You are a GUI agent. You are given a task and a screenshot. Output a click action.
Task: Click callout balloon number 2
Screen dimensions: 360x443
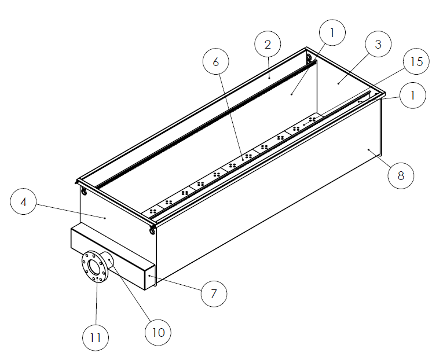[267, 45]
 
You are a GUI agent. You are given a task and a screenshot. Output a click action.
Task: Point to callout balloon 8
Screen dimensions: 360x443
[401, 174]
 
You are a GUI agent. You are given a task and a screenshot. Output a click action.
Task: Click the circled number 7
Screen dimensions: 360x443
[214, 293]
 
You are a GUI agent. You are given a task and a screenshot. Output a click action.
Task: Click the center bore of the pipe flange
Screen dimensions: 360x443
[96, 266]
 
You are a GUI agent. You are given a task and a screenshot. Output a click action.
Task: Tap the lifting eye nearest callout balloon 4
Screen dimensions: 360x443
[85, 192]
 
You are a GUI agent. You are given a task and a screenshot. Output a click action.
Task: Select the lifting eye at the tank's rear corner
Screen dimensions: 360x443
[309, 57]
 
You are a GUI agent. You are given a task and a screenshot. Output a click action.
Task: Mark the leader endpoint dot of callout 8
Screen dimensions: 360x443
[368, 149]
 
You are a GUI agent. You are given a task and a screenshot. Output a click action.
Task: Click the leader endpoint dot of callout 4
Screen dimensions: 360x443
[105, 218]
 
